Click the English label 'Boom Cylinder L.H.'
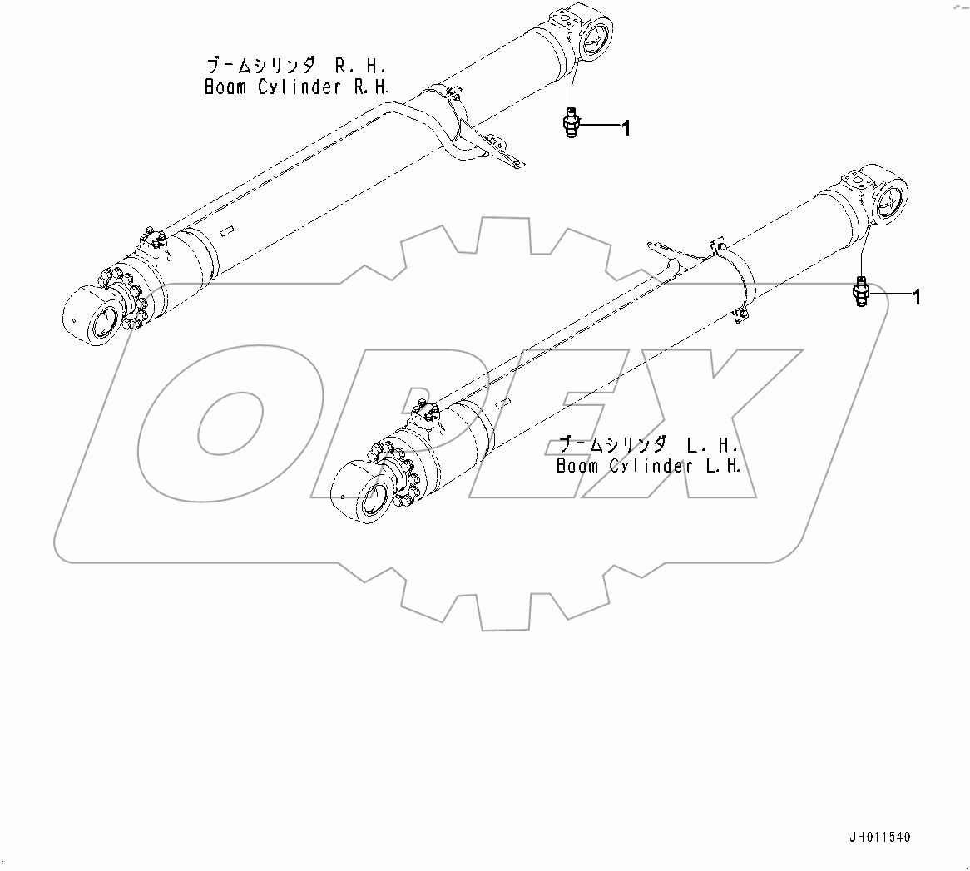[x=648, y=466]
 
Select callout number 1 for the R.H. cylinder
[x=626, y=127]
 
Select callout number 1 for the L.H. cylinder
[x=917, y=296]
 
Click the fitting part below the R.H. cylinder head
[x=570, y=123]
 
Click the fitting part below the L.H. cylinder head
[x=862, y=292]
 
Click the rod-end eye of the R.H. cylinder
[x=92, y=316]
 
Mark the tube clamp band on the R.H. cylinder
[x=454, y=116]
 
